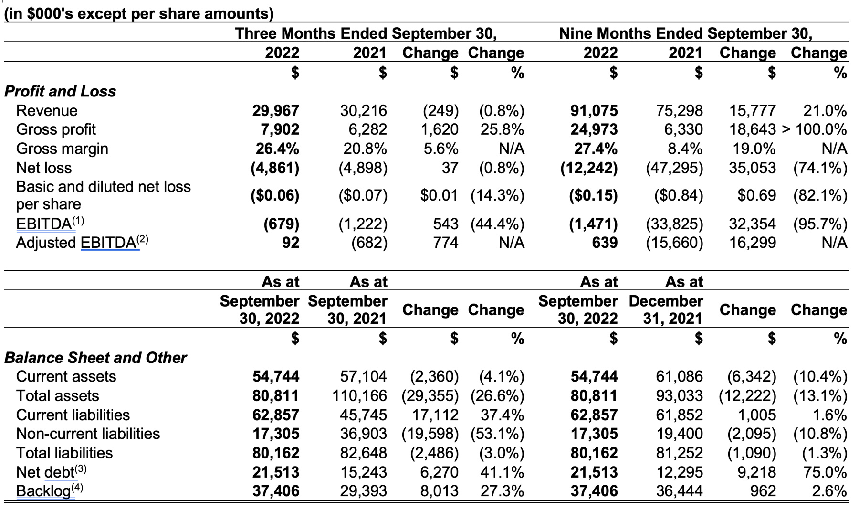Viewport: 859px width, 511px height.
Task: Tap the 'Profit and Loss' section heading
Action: pyautogui.click(x=60, y=91)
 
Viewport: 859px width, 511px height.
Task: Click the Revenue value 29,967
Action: pyautogui.click(x=275, y=110)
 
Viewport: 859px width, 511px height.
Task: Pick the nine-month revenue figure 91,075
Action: pyautogui.click(x=594, y=110)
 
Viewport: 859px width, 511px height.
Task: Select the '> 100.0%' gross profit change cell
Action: pyautogui.click(x=815, y=129)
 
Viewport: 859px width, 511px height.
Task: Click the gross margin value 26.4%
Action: pyautogui.click(x=277, y=149)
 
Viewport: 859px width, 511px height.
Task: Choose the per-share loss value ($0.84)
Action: pyautogui.click(x=678, y=195)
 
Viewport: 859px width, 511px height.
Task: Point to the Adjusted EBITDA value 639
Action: pyautogui.click(x=605, y=243)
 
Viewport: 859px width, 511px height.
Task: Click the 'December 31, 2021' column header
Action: pyautogui.click(x=666, y=309)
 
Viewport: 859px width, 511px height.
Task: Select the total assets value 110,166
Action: pyautogui.click(x=359, y=395)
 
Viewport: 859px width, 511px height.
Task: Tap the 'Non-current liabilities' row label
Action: pyautogui.click(x=88, y=434)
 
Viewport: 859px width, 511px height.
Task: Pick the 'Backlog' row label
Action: pyautogui.click(x=50, y=491)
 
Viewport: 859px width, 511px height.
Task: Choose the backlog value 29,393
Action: pyautogui.click(x=363, y=491)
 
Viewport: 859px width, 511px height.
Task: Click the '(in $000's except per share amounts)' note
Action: pyautogui.click(x=139, y=13)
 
